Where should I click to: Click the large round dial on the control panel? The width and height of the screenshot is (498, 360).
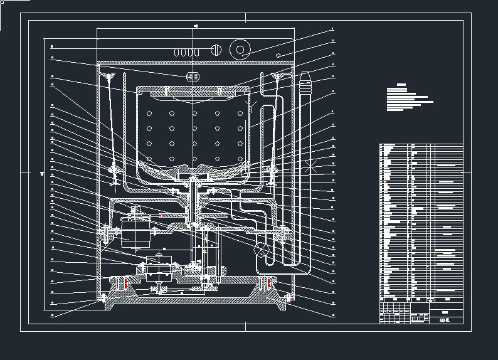(240, 49)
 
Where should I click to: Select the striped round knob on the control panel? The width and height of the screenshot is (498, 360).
(216, 50)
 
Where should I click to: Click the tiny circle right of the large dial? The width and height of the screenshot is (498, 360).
(277, 56)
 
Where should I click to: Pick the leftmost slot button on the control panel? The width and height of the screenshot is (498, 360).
(177, 51)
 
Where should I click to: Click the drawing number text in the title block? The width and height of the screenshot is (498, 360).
(444, 320)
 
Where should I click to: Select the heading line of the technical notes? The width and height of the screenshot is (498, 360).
(401, 85)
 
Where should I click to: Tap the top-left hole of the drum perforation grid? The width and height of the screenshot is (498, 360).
(150, 114)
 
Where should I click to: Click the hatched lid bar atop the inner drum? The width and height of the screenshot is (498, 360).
(194, 87)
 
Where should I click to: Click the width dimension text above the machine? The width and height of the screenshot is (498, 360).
(196, 26)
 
